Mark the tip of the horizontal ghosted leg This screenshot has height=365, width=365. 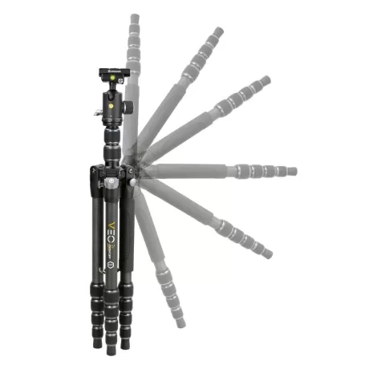(294, 171)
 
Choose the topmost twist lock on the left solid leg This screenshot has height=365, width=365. (96, 278)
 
